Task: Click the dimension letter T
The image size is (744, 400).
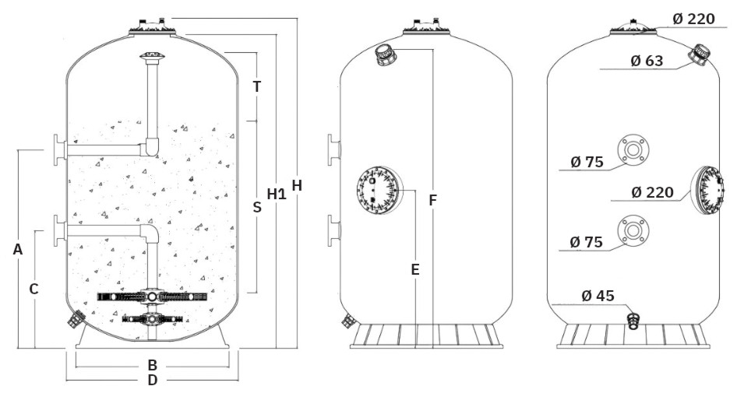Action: tap(256, 86)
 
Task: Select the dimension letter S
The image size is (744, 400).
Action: tap(256, 207)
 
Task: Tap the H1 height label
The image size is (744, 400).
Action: tap(277, 194)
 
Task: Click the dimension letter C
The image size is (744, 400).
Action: tap(33, 289)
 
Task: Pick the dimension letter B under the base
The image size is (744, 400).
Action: tap(153, 365)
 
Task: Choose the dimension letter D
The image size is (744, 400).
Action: tap(153, 381)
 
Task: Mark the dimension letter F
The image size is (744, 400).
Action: tap(432, 200)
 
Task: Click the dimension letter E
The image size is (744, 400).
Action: tap(415, 269)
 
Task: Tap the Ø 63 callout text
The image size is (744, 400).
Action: tap(647, 60)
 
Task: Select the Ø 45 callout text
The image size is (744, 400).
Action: tap(598, 296)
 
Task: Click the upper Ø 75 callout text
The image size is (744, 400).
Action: tap(587, 162)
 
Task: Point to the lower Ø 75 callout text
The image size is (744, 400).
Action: tap(587, 243)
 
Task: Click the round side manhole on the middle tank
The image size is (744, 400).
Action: tap(379, 191)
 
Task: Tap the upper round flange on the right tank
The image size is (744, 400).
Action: tap(633, 149)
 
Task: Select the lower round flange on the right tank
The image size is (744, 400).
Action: tap(633, 230)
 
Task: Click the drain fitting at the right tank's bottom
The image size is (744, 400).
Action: tap(634, 321)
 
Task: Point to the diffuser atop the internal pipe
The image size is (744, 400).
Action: tap(152, 57)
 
